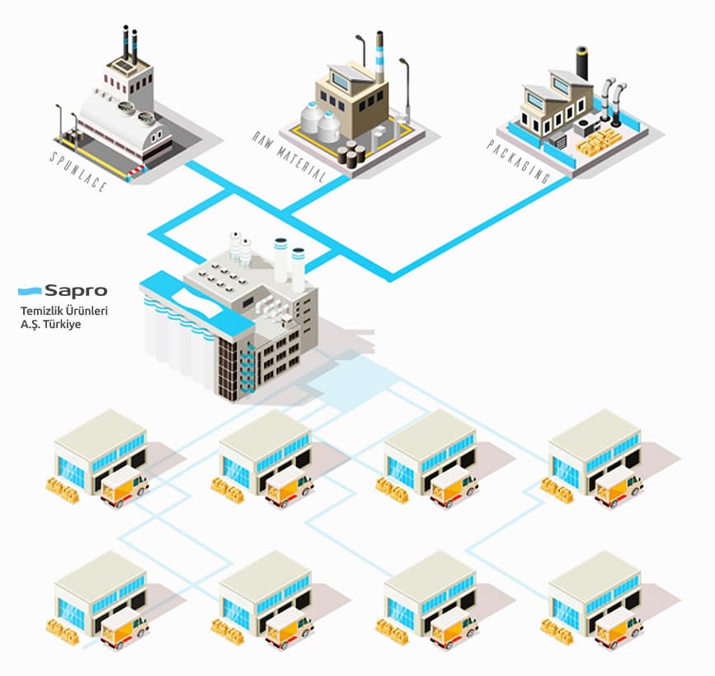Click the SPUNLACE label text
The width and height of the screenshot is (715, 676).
78,171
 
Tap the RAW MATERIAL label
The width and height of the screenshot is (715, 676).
289,156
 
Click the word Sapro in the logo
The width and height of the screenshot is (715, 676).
75,290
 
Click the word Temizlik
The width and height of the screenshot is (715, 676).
44,311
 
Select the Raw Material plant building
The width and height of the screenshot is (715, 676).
350,107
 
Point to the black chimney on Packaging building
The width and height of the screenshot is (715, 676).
582,62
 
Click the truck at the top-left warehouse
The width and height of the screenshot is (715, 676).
125,487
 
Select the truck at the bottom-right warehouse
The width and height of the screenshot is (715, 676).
619,627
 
